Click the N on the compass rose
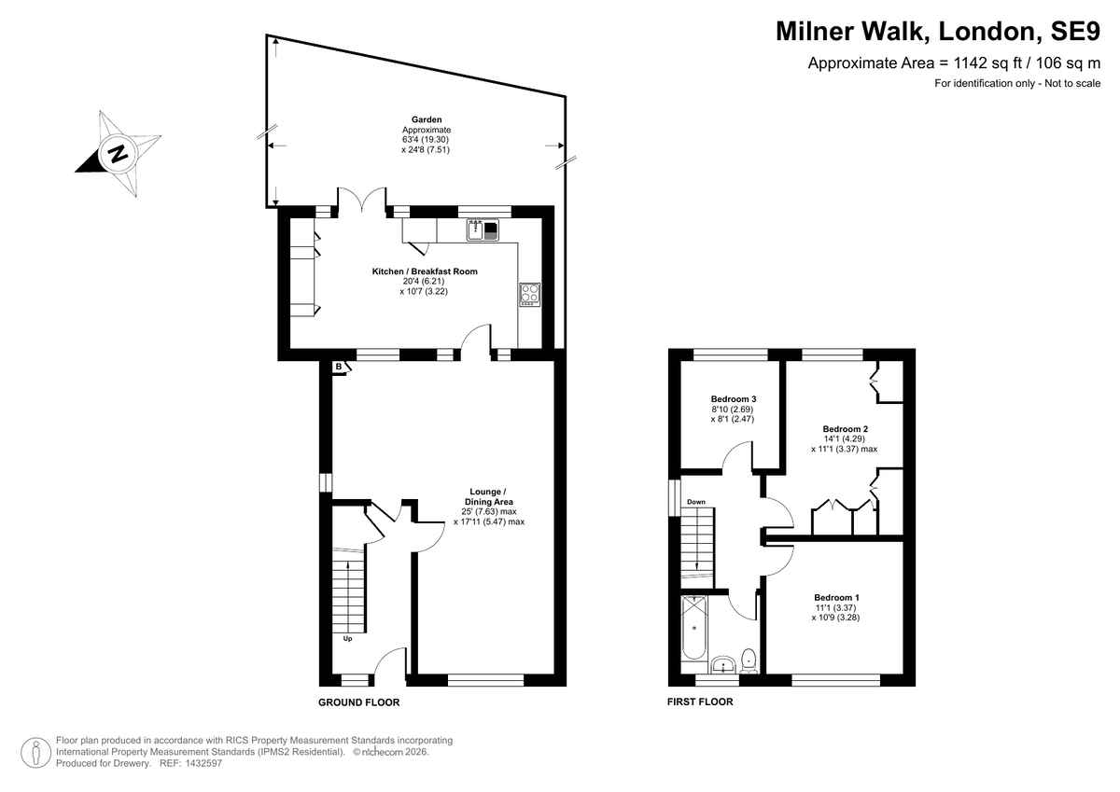[x=119, y=153]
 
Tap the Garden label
[x=427, y=119]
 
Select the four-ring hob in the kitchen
[x=529, y=294]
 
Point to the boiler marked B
[x=339, y=367]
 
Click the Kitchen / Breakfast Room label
[x=425, y=271]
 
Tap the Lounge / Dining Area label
[x=488, y=496]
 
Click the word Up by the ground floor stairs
[x=347, y=638]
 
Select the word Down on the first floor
[x=696, y=502]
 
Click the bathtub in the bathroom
[x=693, y=629]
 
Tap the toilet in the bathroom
[x=748, y=659]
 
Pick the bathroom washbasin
[x=722, y=665]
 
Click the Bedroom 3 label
[x=734, y=398]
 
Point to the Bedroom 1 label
[x=836, y=597]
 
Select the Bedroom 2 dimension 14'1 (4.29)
[x=845, y=438]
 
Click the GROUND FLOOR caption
[x=359, y=702]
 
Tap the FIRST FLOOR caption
[x=700, y=702]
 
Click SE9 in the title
[x=1075, y=31]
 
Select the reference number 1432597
[x=203, y=763]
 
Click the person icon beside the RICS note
[x=36, y=753]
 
